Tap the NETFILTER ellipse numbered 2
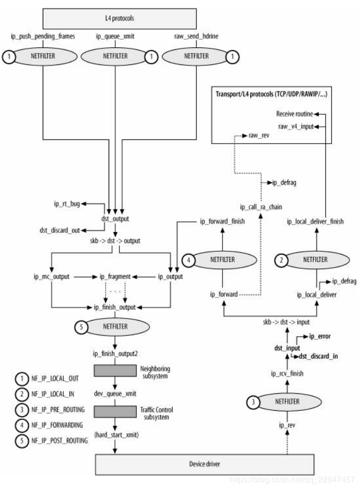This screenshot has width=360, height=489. pos(315,259)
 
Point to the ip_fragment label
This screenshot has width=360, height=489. pos(115,276)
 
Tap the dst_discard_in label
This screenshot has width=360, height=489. pos(318,356)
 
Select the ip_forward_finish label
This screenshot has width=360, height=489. pos(222,221)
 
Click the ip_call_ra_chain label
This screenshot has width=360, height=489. pos(260,207)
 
